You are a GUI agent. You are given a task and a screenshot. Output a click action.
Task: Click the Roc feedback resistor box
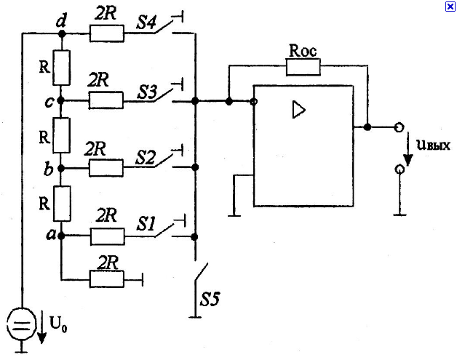click(x=303, y=67)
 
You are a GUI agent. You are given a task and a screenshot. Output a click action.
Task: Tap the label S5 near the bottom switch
click(x=210, y=299)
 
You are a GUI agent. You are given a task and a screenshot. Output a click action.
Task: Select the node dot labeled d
click(x=62, y=33)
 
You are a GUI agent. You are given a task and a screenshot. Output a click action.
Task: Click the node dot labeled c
click(x=60, y=101)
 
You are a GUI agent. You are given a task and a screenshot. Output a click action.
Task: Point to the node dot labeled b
click(x=61, y=168)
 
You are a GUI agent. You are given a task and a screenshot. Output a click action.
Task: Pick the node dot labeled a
click(x=61, y=236)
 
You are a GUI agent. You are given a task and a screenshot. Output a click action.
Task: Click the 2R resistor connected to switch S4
click(x=107, y=33)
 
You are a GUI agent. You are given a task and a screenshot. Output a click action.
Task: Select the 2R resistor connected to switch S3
click(x=106, y=100)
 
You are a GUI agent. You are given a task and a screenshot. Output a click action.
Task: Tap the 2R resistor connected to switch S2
click(x=106, y=168)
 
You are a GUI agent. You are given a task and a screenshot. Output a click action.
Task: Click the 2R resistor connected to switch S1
click(x=107, y=236)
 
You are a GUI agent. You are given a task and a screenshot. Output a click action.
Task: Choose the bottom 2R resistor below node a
click(x=107, y=279)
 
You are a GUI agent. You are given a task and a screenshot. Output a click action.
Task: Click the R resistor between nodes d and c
click(x=61, y=68)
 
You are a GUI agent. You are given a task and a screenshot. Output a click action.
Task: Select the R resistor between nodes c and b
click(x=61, y=135)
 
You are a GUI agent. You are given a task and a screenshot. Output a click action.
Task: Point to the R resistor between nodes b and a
click(x=62, y=204)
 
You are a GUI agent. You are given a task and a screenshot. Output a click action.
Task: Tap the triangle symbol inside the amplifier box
click(x=299, y=110)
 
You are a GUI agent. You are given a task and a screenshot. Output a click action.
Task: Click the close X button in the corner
click(x=450, y=6)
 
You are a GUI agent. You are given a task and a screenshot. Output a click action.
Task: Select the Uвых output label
click(x=434, y=145)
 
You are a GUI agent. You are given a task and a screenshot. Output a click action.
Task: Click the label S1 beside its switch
click(x=146, y=224)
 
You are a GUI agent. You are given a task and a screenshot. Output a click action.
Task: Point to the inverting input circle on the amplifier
click(x=254, y=102)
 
